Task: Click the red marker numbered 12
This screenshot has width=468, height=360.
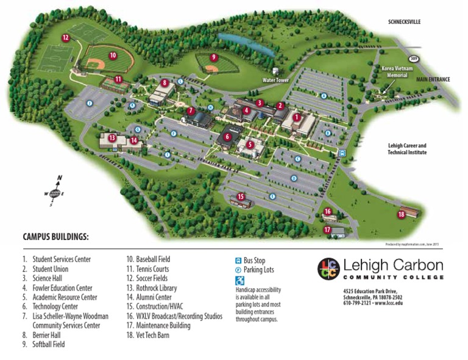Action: point(65,38)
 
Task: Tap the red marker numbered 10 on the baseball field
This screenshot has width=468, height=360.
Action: point(113,55)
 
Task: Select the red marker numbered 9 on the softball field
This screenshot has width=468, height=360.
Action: point(213,57)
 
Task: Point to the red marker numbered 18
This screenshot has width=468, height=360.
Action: point(401,214)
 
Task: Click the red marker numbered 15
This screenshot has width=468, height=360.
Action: point(241,196)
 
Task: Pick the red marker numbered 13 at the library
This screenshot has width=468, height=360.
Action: point(112,138)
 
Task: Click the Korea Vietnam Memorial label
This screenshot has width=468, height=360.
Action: point(392,72)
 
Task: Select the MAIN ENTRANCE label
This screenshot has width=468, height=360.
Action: point(433,79)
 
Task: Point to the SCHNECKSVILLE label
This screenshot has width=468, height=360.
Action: point(405,22)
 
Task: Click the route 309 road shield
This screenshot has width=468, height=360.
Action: point(414,58)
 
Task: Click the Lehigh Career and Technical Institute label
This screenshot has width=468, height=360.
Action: point(407,149)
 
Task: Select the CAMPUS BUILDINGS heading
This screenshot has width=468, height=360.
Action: point(55,237)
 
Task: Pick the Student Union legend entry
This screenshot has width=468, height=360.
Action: point(51,269)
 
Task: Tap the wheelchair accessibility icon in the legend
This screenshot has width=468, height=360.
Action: point(239,281)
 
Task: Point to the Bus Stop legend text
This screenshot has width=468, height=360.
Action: point(254,261)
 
